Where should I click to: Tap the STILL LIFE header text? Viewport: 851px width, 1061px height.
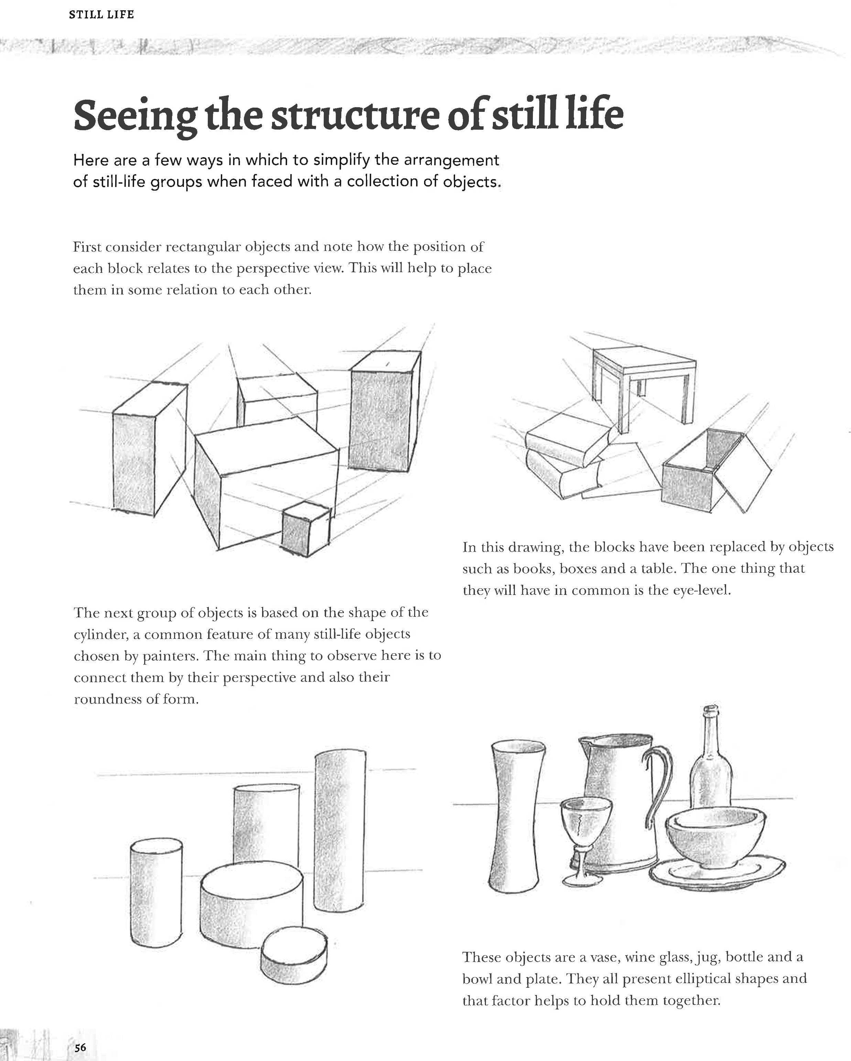tap(101, 15)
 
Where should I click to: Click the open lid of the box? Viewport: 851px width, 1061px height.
tap(743, 472)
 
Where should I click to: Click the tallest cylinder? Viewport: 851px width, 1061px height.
tap(340, 832)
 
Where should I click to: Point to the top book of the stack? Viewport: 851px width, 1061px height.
tap(566, 438)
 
